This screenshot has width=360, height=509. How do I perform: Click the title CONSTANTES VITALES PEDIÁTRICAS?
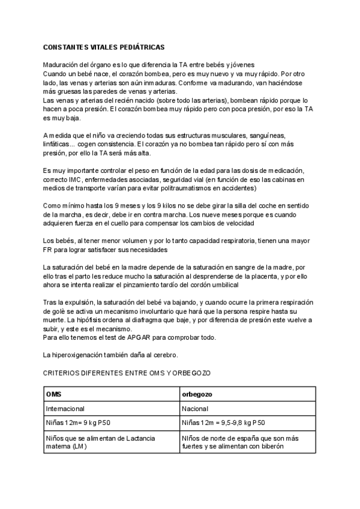pyautogui.click(x=104, y=46)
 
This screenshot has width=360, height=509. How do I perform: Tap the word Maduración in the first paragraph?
pyautogui.click(x=61, y=64)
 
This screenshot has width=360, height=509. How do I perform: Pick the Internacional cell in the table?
pyautogui.click(x=66, y=408)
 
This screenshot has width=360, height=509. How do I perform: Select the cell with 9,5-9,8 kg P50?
pyautogui.click(x=223, y=423)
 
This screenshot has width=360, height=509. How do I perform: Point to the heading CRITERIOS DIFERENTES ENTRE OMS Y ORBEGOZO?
pyautogui.click(x=127, y=373)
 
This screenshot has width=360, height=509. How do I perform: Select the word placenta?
pyautogui.click(x=250, y=276)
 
